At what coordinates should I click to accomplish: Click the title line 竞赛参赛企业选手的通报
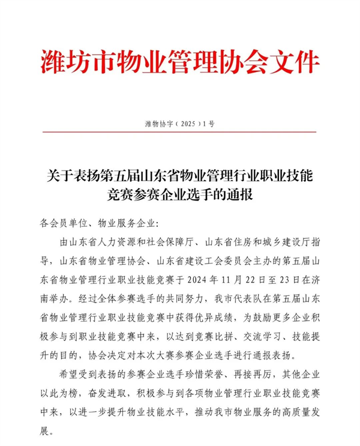[180, 196]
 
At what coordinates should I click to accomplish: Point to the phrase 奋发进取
[103, 390]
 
